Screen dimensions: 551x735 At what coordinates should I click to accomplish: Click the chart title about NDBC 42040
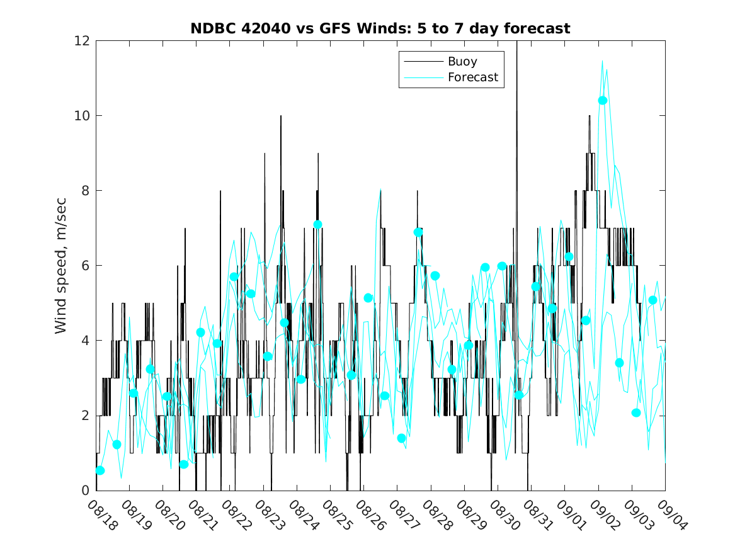tap(380, 28)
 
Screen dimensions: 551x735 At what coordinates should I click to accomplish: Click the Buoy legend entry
tap(462, 62)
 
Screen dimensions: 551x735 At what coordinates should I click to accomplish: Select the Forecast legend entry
tap(472, 77)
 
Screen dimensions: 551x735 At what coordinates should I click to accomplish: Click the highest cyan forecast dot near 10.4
tap(603, 100)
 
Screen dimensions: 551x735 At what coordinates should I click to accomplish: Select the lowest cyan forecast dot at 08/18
tap(100, 470)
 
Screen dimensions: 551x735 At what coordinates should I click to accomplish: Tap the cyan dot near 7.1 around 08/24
tap(318, 224)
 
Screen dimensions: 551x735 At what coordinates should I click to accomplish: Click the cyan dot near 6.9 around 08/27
tap(418, 232)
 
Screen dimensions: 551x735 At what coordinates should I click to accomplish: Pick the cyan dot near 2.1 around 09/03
tap(636, 412)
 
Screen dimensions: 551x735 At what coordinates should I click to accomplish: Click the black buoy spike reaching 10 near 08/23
tap(281, 117)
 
